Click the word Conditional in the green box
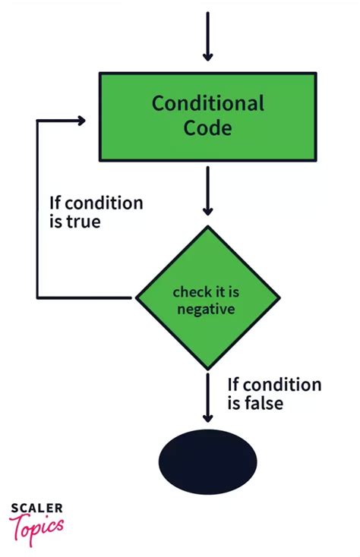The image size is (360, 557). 207,103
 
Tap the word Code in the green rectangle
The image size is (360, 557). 207,127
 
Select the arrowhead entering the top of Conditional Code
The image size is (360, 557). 207,56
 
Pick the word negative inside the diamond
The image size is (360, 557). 206,309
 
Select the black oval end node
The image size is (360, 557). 207,461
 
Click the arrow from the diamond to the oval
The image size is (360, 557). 207,395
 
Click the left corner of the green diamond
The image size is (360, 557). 136,297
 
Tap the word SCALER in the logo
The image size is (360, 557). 36,509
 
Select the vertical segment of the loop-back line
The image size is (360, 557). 38,209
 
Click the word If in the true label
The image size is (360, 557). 55,203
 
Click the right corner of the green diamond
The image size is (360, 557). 279,297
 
